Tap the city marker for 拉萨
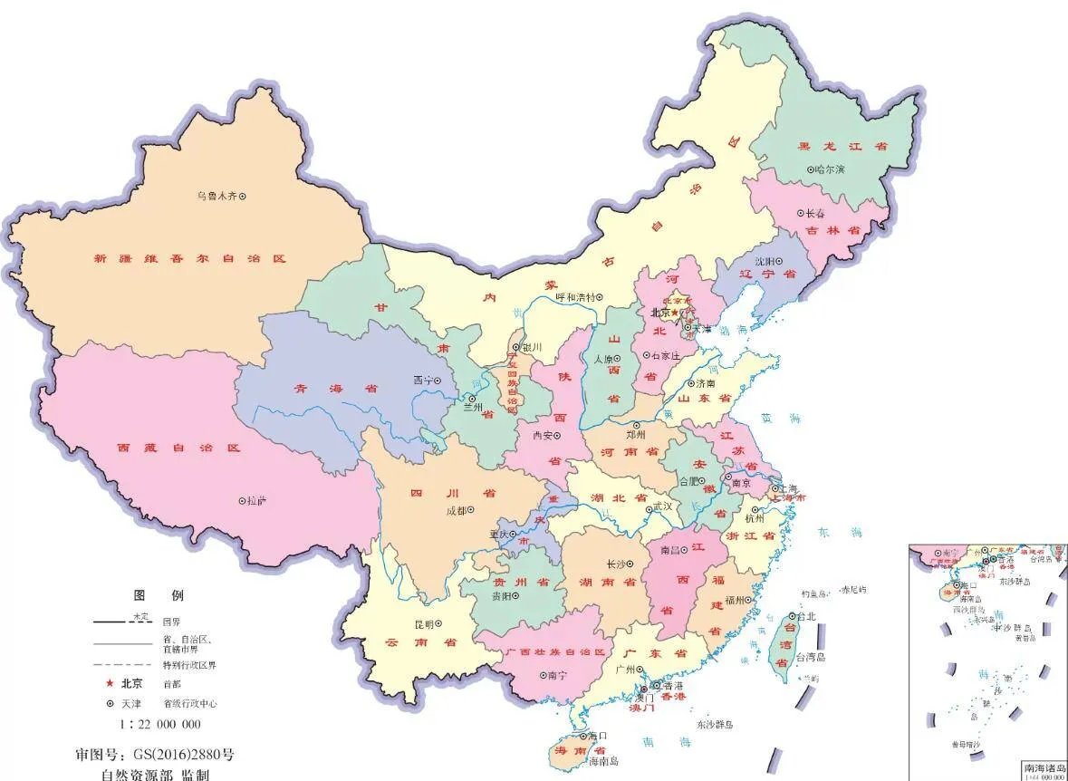click(x=242, y=500)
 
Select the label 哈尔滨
click(x=829, y=169)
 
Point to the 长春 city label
click(x=815, y=214)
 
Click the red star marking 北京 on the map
click(x=675, y=313)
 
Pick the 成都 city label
click(x=455, y=511)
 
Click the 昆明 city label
click(x=423, y=624)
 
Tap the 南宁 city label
click(x=555, y=675)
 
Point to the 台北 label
click(x=806, y=616)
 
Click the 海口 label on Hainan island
click(x=596, y=736)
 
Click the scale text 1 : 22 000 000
click(x=160, y=724)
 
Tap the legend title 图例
click(x=159, y=595)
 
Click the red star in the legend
click(x=110, y=683)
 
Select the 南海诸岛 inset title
click(x=1044, y=767)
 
